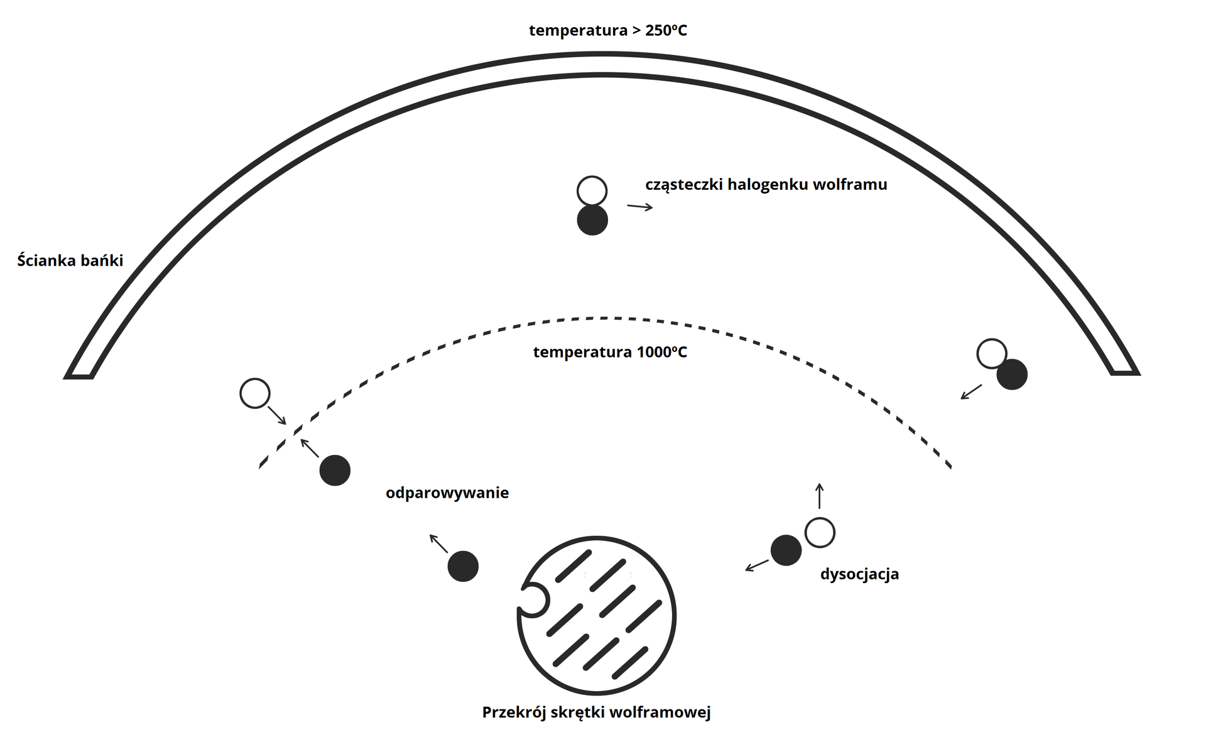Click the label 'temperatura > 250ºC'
click(x=607, y=30)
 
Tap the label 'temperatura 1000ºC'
click(x=610, y=352)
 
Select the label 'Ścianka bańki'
click(x=70, y=260)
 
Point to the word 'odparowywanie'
click(x=447, y=493)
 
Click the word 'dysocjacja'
click(x=859, y=574)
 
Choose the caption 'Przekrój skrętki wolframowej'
click(x=596, y=712)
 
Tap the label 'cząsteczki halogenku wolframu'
click(x=766, y=184)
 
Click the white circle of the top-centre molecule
click(x=592, y=191)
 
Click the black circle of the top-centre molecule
click(x=592, y=220)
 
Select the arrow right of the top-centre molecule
click(x=640, y=207)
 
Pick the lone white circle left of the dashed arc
click(x=255, y=393)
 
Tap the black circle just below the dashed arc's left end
click(x=335, y=470)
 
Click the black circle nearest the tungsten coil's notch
click(x=463, y=566)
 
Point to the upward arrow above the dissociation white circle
click(x=819, y=496)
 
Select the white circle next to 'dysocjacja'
click(x=820, y=533)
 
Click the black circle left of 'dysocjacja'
click(x=786, y=550)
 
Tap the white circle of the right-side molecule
click(x=992, y=353)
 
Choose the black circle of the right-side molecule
click(x=1012, y=374)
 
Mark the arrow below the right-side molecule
click(x=971, y=391)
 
